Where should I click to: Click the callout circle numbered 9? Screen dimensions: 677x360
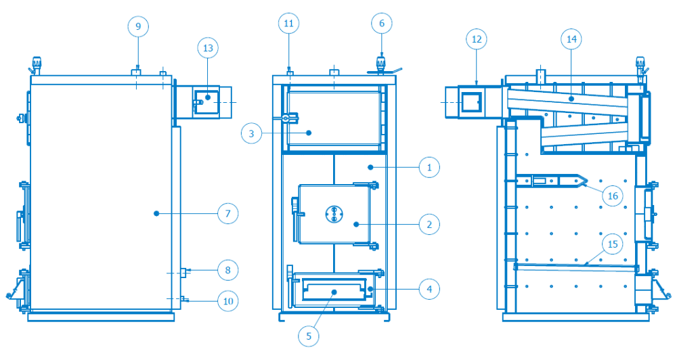pyautogui.click(x=138, y=26)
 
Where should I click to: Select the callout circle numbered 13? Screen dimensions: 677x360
pyautogui.click(x=208, y=48)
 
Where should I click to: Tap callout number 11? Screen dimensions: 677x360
pyautogui.click(x=289, y=23)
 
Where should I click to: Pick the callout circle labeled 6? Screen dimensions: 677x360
pyautogui.click(x=382, y=23)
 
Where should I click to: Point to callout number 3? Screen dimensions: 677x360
pyautogui.click(x=252, y=133)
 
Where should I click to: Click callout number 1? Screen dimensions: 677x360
pyautogui.click(x=429, y=168)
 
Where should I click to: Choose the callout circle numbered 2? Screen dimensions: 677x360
pyautogui.click(x=429, y=225)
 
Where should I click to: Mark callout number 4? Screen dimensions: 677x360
pyautogui.click(x=429, y=289)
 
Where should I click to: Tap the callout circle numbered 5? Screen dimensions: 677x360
pyautogui.click(x=309, y=336)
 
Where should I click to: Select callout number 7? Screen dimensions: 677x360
pyautogui.click(x=227, y=213)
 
